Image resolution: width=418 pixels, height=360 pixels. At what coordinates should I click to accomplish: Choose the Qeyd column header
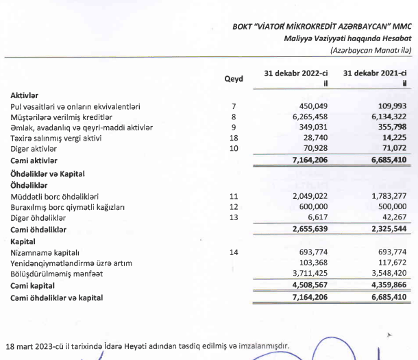[234, 79]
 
